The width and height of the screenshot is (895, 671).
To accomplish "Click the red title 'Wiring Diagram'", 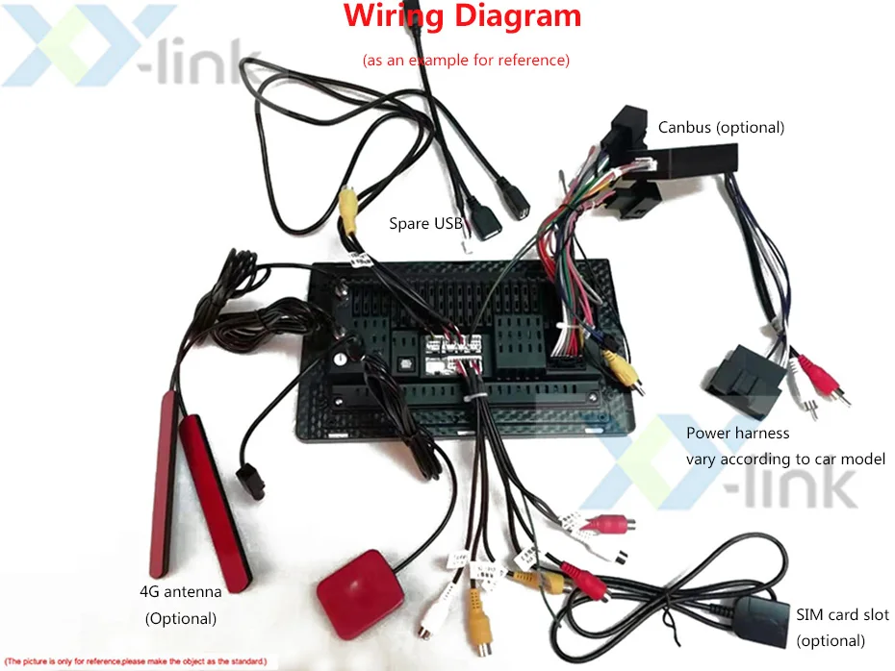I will click(x=462, y=16).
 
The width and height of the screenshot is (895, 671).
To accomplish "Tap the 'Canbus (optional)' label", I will click(x=721, y=127).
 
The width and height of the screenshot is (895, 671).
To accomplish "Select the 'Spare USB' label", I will click(x=425, y=224).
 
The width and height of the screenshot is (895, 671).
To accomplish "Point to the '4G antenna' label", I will click(x=180, y=591).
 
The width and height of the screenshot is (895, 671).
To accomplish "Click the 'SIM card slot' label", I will click(x=842, y=615).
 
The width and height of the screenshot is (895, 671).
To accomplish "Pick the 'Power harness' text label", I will click(x=737, y=434).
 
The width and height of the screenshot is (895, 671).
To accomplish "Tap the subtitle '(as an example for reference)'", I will click(x=466, y=60).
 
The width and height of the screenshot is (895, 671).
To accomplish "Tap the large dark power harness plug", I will click(x=748, y=378).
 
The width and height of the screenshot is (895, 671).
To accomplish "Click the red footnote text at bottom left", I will click(x=136, y=661).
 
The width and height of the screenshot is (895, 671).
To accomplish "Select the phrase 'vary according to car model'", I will click(x=785, y=459).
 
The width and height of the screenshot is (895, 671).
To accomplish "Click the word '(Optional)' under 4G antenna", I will click(x=180, y=618).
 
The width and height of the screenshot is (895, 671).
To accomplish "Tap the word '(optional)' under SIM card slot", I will click(x=830, y=640).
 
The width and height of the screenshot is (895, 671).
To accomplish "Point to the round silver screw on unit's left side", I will click(x=340, y=358).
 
